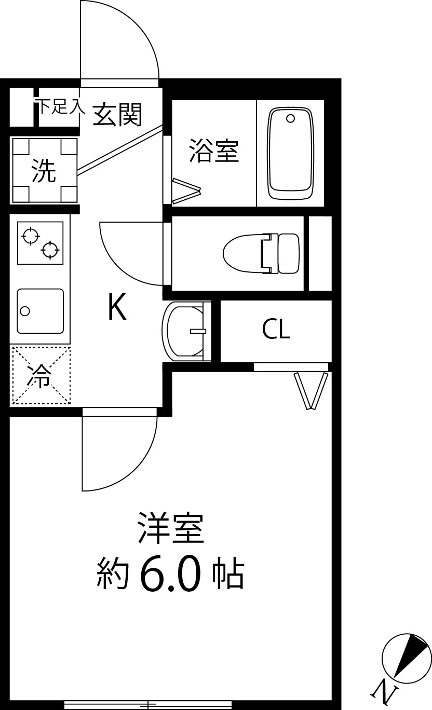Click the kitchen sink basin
tap(40, 310)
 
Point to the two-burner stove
tap(40, 243)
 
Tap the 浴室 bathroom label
tap(213, 151)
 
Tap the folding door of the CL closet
tap(312, 390)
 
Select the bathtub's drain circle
tap(290, 118)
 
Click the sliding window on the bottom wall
tap(148, 704)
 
